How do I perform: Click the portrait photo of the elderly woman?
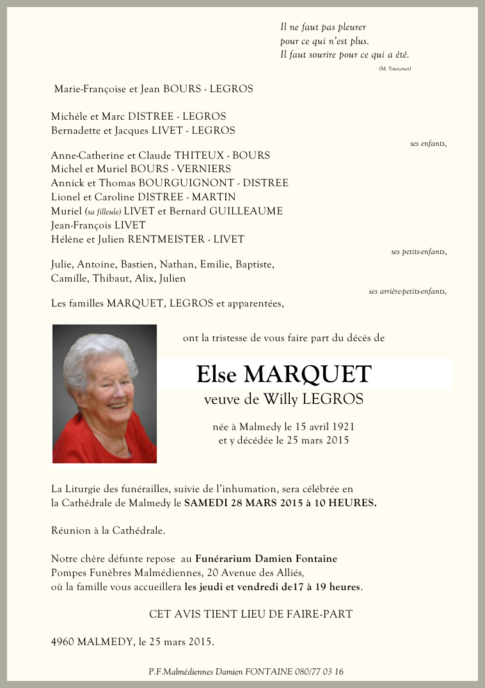click(104, 394)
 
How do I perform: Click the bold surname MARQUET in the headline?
click(307, 374)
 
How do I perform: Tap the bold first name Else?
click(217, 374)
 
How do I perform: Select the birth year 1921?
click(342, 426)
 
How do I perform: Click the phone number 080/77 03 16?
click(319, 671)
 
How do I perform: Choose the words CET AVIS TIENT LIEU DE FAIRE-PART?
click(251, 614)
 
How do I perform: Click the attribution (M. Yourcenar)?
click(394, 68)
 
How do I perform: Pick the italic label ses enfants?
click(427, 143)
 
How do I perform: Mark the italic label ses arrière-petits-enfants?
click(407, 291)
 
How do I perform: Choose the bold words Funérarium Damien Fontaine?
click(266, 559)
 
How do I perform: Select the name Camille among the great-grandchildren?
click(69, 278)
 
